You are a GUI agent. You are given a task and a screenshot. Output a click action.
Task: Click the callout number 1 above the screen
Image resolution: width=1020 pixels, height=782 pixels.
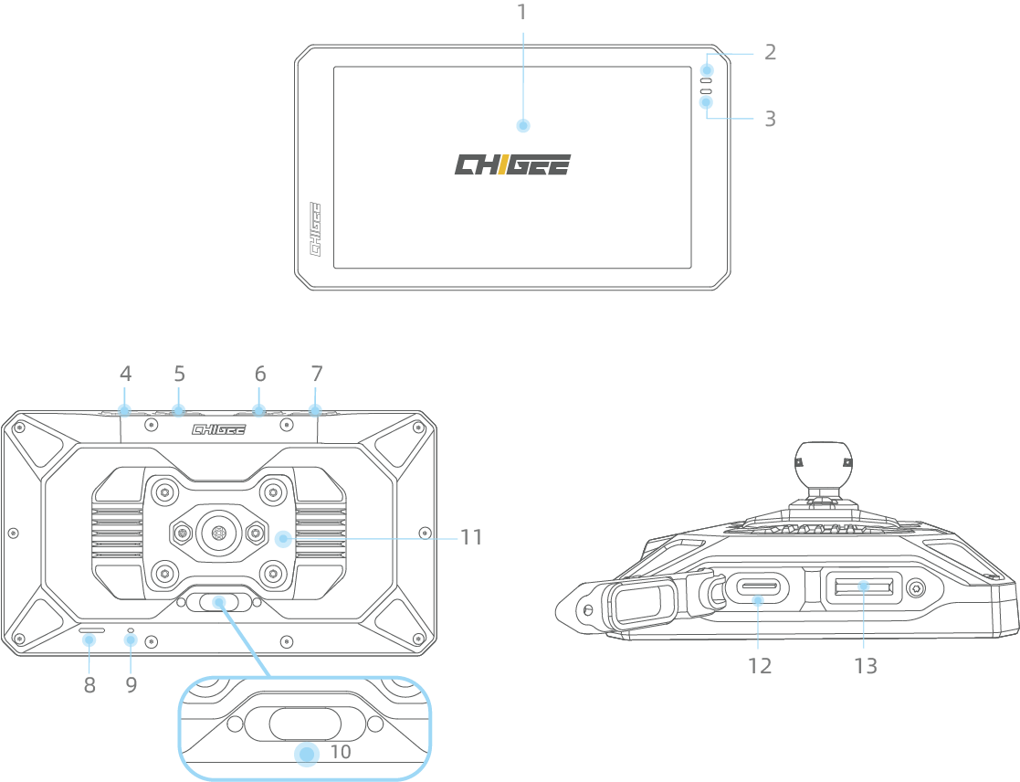[x=521, y=13]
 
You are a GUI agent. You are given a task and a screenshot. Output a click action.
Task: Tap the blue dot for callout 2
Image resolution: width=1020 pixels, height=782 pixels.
[x=707, y=70]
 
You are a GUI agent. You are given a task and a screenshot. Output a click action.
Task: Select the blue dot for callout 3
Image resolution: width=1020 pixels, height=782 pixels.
[x=707, y=102]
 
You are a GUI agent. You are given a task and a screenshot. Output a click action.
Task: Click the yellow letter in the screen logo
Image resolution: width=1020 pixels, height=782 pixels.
[x=502, y=165]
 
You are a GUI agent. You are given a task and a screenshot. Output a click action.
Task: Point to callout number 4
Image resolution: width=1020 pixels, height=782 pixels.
[x=125, y=374]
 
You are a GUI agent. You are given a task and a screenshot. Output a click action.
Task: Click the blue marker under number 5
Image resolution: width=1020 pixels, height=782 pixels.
[x=179, y=410]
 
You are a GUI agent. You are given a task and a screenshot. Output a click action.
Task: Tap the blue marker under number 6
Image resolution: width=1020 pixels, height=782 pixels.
[x=259, y=410]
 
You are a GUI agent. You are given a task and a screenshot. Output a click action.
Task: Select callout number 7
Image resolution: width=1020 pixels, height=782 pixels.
[x=316, y=374]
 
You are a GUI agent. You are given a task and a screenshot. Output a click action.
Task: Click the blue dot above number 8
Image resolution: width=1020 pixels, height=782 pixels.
[x=89, y=639]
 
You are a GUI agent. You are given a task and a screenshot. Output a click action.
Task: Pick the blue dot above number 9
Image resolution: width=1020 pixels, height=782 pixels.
[x=131, y=639]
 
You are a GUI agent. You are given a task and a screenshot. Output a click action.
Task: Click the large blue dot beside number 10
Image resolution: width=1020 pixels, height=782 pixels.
[x=307, y=753]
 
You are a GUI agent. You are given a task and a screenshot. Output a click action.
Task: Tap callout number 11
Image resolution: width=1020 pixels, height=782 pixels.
[x=470, y=537]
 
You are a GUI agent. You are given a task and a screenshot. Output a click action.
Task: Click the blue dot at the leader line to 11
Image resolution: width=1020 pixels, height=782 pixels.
[x=283, y=539]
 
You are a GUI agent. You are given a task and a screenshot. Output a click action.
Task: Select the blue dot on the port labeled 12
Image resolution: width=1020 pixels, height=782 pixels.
[x=757, y=600]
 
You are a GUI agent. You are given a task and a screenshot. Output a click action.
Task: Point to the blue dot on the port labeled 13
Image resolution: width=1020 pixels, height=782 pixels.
[x=864, y=586]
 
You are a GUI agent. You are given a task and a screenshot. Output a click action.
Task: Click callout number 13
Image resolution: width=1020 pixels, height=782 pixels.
[x=865, y=667]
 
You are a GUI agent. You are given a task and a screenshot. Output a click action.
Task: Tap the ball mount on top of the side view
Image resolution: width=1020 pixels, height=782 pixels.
[x=823, y=463]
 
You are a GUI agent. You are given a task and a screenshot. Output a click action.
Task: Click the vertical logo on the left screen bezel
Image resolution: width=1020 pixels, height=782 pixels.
[x=317, y=229]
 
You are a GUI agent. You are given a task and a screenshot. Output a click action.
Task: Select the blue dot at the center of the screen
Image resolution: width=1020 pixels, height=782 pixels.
[x=522, y=126]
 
